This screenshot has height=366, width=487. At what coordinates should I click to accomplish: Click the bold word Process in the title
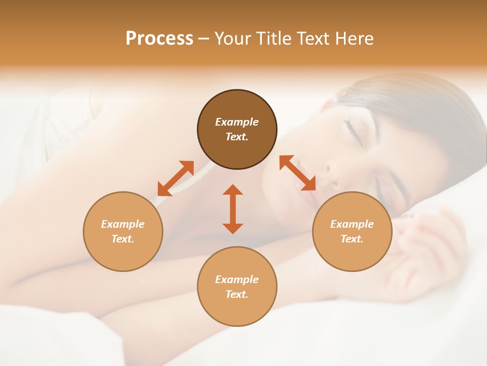point(159,39)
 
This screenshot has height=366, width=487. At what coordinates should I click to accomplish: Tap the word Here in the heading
point(355,39)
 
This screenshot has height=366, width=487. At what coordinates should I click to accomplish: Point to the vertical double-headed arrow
point(233,209)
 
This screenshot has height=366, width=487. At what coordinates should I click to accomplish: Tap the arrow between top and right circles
point(297,173)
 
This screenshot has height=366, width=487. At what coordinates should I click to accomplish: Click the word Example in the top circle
point(237,122)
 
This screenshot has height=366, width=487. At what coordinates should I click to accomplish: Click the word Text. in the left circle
point(123,239)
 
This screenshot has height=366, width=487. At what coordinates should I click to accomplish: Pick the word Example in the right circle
point(352,224)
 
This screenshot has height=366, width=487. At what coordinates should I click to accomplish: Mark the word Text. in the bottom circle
point(237,294)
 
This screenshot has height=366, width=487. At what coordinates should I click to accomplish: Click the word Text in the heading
point(312,39)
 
